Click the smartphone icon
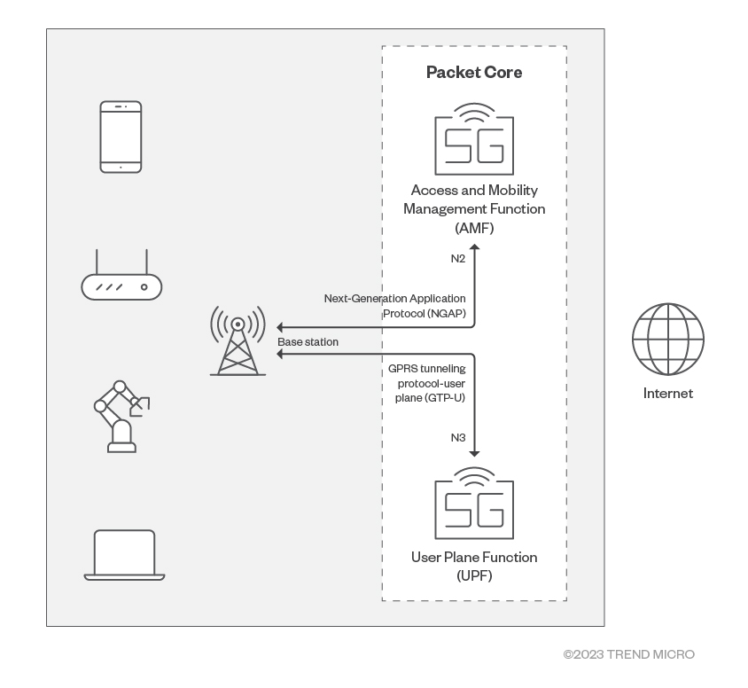point(121,137)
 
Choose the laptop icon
point(124,555)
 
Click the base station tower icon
point(238,340)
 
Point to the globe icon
point(667,340)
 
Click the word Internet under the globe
point(667,394)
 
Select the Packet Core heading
point(474,73)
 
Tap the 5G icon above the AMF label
point(474,140)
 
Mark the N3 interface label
point(459,437)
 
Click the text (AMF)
point(474,228)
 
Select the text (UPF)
point(474,576)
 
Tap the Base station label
point(308,341)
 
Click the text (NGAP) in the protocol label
point(441,314)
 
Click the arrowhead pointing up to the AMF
point(474,249)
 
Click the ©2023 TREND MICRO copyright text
point(628,654)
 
